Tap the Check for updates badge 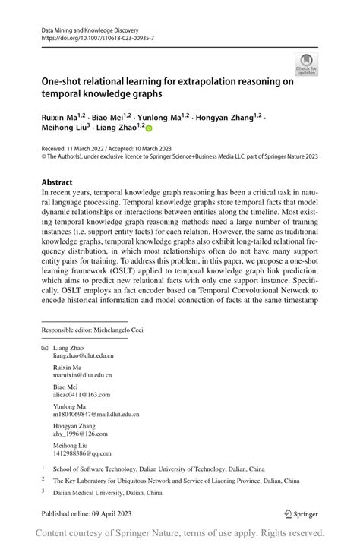coord(307,65)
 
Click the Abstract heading coord(57,182)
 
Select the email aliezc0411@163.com coord(81,395)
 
